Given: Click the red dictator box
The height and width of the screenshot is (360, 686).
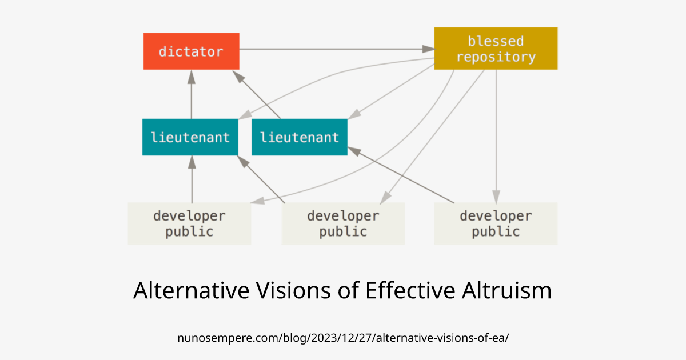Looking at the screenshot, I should point(191,51).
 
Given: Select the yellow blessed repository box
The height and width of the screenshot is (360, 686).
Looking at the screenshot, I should point(496,49).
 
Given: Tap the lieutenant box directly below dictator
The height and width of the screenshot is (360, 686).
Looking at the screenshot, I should point(190,137).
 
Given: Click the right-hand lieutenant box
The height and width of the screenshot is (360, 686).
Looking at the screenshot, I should point(299,137).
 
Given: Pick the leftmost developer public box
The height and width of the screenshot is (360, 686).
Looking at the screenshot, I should point(189,223).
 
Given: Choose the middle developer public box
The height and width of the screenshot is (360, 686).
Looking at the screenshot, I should point(343,223).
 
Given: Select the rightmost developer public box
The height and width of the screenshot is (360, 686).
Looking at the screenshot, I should point(496,223).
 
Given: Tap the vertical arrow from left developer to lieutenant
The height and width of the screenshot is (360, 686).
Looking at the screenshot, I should point(192,180).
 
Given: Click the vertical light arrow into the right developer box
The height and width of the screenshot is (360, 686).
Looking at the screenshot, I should point(496,137).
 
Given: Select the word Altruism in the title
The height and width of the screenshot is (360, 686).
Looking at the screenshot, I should point(505,290).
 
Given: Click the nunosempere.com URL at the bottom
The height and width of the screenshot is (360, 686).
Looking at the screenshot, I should point(343,337).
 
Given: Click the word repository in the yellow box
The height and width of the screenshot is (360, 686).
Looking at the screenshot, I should point(496,57).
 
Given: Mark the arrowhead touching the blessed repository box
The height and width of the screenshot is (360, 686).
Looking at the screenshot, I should point(429,49).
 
